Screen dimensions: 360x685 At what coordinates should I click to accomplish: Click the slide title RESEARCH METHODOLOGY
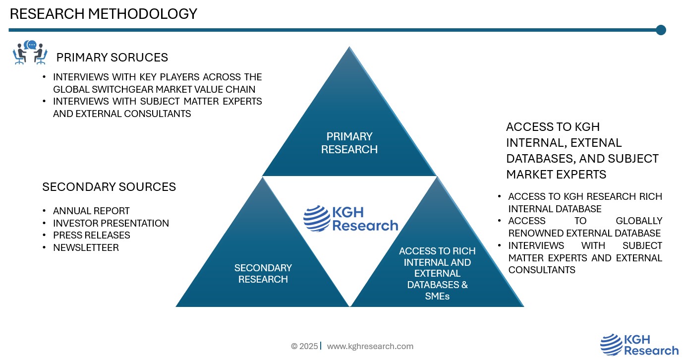point(103,14)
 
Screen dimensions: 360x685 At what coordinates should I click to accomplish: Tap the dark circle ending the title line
point(661,30)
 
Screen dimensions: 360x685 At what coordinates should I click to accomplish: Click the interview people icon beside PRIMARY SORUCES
point(30,53)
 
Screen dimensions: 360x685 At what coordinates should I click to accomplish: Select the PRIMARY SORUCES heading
point(112,58)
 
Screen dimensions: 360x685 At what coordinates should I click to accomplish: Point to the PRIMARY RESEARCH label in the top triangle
point(349,143)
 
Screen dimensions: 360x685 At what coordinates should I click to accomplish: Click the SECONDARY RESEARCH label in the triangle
point(263,274)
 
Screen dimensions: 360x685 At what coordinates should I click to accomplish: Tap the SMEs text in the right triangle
point(437,296)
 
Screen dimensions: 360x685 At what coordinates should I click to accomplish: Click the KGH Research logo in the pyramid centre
point(350,219)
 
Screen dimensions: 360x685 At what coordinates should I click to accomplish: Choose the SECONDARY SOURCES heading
point(109,187)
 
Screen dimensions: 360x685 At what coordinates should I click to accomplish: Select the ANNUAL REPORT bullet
point(91,211)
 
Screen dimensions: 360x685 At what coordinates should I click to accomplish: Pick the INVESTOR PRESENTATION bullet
point(111,224)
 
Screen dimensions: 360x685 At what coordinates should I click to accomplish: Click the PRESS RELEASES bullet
point(92,236)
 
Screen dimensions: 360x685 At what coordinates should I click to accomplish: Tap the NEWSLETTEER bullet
point(86,248)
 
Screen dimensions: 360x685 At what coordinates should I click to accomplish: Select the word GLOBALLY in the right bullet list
point(639,221)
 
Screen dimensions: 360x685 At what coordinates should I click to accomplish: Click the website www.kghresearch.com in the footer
point(370,346)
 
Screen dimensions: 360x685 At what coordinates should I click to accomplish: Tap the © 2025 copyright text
point(304,346)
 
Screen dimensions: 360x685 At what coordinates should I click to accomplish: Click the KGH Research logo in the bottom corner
point(639,345)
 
